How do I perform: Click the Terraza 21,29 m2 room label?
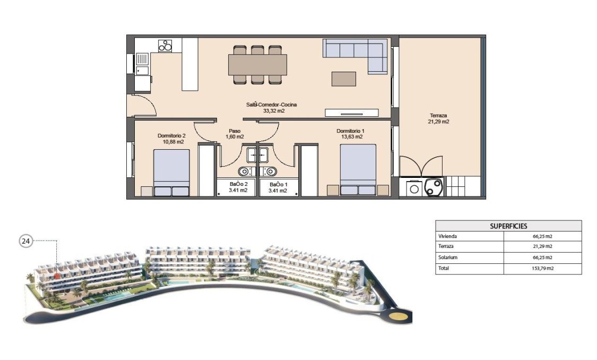point(438,118)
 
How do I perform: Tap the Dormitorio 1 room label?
point(350,133)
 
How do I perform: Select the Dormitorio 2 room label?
point(171,139)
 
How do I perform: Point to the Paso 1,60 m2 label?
point(235,133)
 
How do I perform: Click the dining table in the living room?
point(257,65)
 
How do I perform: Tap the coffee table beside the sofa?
point(344,79)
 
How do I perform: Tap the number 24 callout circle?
point(25,241)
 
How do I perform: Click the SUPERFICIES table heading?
point(508,226)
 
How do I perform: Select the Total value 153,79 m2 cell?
point(542,269)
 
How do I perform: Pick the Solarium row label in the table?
point(448,258)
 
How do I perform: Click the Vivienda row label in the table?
point(447,236)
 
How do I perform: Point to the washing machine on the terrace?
point(413,188)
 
